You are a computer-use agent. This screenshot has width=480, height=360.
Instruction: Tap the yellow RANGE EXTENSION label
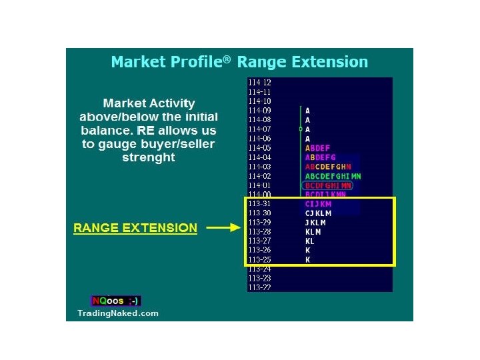[135, 227]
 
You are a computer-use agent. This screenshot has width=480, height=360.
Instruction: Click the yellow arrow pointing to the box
[223, 227]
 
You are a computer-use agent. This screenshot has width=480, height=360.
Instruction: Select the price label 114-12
[259, 82]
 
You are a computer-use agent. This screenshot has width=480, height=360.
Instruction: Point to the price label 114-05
[259, 147]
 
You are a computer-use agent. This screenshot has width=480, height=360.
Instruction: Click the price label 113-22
[259, 287]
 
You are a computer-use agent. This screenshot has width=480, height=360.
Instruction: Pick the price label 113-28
[259, 231]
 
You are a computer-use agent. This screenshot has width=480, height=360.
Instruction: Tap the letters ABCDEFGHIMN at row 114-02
[333, 176]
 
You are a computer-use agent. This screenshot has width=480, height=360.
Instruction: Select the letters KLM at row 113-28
[313, 231]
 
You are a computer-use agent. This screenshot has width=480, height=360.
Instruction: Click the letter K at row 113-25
[307, 259]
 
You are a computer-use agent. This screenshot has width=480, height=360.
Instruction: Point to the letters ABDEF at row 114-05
[317, 148]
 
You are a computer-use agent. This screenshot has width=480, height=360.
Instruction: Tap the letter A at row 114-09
[307, 111]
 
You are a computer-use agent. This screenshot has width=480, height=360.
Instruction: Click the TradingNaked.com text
[118, 313]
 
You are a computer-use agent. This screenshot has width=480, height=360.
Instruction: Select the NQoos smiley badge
[116, 301]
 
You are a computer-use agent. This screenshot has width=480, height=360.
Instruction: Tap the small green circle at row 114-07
[301, 129]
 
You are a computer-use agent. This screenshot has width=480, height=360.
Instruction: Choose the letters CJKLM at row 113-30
[318, 213]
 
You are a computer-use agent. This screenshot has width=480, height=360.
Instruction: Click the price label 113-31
[259, 203]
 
